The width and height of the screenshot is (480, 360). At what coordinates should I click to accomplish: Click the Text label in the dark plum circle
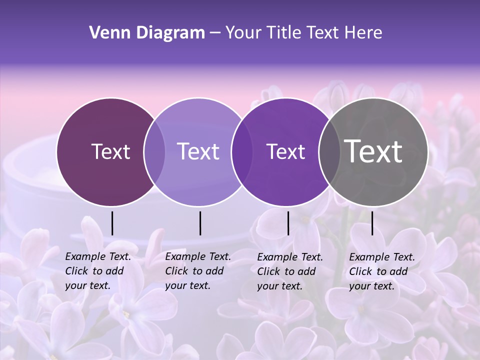[110, 151]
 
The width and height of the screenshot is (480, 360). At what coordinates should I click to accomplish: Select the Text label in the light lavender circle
[198, 151]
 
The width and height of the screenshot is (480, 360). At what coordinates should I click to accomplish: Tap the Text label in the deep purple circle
[286, 151]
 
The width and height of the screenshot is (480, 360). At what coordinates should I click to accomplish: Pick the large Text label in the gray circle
[373, 151]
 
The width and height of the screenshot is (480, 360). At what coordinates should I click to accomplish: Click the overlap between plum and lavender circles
[154, 151]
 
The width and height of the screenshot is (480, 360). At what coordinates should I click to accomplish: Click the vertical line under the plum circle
[112, 223]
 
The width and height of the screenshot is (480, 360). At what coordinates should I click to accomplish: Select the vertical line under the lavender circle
[200, 223]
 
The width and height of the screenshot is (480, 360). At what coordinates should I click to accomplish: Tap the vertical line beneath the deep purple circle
[288, 223]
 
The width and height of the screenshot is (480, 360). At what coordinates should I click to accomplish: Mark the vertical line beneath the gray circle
[372, 223]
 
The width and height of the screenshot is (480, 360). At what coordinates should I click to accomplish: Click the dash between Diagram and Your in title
[215, 33]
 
